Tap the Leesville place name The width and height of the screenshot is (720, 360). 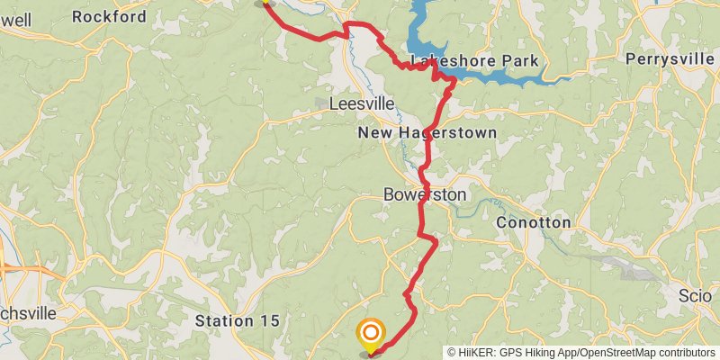tap(362, 103)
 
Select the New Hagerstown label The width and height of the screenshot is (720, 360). tap(427, 133)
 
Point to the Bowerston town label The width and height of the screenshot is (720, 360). tap(425, 194)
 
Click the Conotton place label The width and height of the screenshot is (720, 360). tap(534, 221)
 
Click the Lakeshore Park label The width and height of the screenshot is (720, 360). tap(474, 61)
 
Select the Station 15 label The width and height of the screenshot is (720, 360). tap(238, 320)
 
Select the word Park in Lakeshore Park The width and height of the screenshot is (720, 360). tap(521, 61)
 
